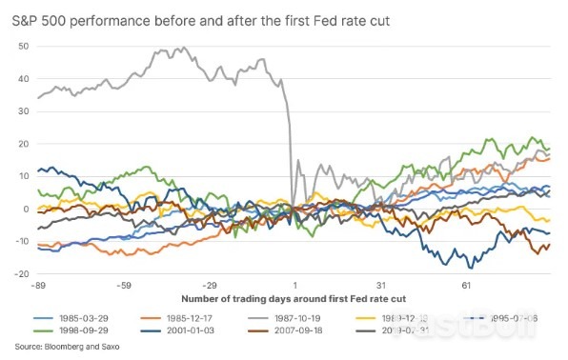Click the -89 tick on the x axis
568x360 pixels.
click(39, 285)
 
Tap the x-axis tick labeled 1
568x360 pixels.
click(294, 285)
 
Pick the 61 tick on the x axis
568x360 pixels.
click(466, 285)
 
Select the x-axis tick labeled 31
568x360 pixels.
click(380, 285)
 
